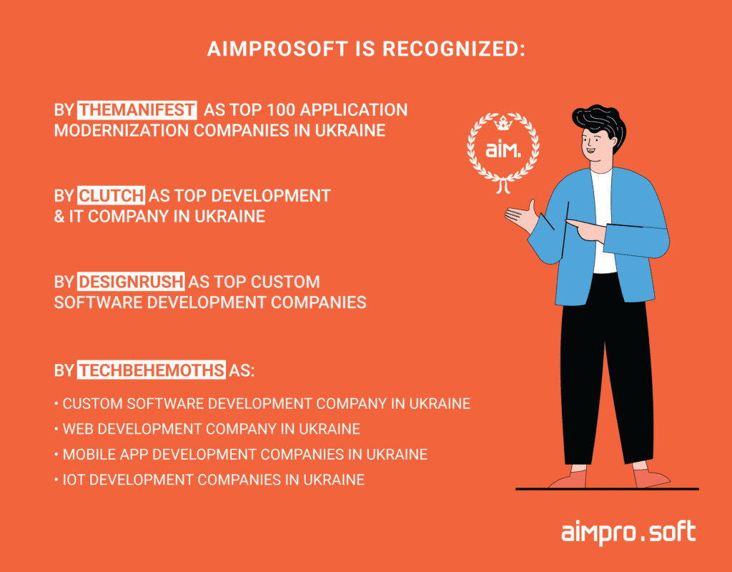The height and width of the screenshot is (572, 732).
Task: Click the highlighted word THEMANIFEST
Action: [137, 110]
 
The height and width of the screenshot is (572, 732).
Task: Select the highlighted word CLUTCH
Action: [111, 196]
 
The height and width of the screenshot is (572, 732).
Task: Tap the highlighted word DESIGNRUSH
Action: [131, 282]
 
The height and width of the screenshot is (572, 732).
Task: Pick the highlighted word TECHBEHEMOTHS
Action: [152, 370]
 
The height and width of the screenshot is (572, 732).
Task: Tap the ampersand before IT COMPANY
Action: [59, 216]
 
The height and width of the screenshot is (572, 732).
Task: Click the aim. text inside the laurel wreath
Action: [503, 150]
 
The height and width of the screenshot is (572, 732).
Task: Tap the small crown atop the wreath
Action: [503, 123]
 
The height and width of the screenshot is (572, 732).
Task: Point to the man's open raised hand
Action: [523, 216]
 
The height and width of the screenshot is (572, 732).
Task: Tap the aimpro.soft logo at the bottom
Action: [628, 532]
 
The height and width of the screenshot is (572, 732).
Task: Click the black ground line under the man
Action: [607, 489]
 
